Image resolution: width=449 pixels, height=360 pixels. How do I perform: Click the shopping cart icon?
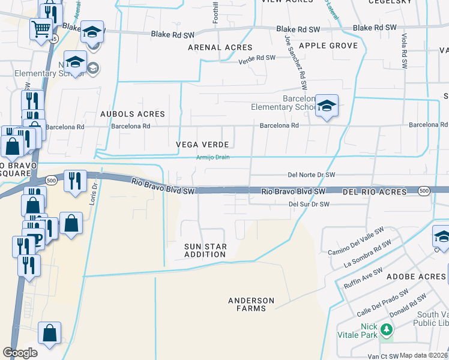[41, 28]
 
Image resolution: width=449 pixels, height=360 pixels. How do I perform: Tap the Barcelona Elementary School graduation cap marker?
[327, 106]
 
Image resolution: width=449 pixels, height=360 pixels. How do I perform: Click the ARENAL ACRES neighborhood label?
[220, 47]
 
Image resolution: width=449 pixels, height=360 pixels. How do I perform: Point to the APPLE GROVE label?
[328, 46]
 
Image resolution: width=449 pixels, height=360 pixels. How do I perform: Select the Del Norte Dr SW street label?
[311, 175]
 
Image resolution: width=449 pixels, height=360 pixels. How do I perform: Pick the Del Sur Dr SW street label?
[309, 204]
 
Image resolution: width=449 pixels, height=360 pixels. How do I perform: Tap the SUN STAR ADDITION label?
[205, 250]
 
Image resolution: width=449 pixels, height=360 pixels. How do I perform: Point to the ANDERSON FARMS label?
[251, 304]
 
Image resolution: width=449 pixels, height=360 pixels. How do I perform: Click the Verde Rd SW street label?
[256, 58]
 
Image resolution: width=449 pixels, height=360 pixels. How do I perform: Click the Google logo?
[20, 352]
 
